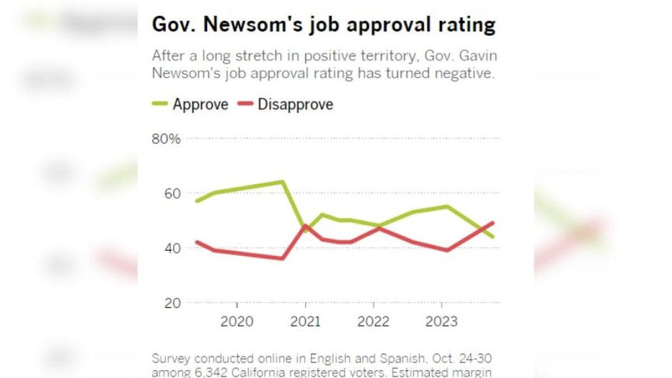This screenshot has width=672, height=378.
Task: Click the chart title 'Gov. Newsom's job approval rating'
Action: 324,25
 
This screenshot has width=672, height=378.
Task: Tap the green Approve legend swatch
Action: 160,104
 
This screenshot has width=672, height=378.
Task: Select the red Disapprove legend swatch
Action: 245,104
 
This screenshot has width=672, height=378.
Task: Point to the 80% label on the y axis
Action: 166,139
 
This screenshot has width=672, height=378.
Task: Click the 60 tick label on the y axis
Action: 172,194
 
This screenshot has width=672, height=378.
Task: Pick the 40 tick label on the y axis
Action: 172,249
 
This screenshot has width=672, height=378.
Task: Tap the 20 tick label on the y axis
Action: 172,304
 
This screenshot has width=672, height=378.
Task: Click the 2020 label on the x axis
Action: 237,321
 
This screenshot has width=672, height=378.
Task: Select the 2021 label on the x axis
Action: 305,321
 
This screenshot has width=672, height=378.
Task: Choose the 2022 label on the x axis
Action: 373,321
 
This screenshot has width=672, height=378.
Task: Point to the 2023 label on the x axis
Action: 441,321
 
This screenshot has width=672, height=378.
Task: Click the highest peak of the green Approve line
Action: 282,181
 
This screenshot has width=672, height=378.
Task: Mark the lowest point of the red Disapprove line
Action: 282,258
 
